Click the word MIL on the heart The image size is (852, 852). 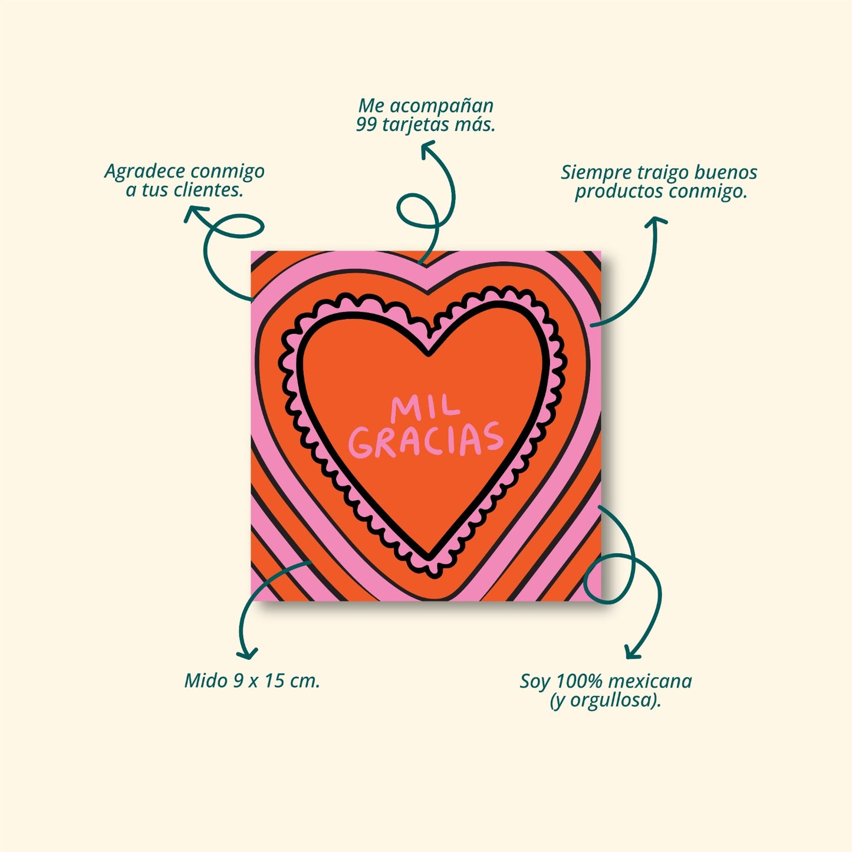tap(425, 407)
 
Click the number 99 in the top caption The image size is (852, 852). tap(366, 125)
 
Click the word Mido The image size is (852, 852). tap(205, 680)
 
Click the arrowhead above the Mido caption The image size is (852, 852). tap(247, 653)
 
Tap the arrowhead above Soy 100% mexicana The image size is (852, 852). tap(631, 653)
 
